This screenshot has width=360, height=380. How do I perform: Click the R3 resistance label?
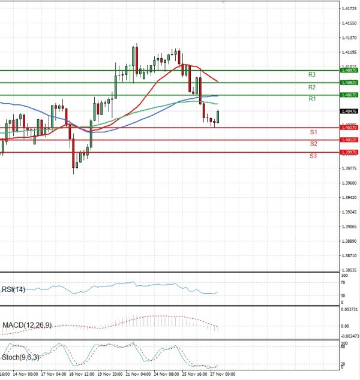coord(312,75)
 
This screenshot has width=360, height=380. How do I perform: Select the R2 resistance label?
coord(312,87)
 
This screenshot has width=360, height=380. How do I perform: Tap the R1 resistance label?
coord(312,99)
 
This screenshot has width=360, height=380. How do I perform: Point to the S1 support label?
coord(313,132)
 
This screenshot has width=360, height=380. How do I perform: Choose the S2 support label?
coord(313,144)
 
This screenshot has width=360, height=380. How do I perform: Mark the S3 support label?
coord(313,156)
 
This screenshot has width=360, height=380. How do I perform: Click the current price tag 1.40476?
coord(349,111)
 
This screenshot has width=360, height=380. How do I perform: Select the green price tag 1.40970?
coord(349,70)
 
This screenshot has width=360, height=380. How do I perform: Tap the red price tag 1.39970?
coord(349,152)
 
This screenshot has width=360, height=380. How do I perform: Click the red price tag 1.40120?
coord(349,140)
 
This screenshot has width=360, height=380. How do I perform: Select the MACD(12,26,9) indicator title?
coord(27,325)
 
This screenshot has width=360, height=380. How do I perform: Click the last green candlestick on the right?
coord(218,116)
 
